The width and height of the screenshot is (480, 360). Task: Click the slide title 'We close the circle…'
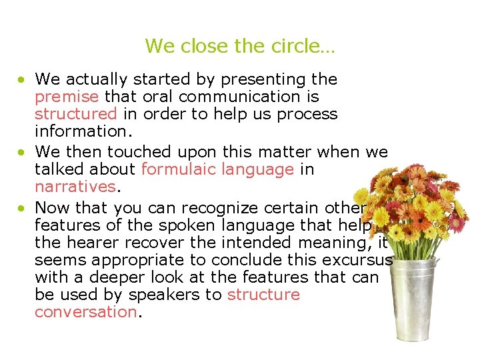click(240, 46)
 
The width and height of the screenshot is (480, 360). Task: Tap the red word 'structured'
click(75, 114)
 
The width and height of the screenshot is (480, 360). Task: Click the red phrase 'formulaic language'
click(217, 169)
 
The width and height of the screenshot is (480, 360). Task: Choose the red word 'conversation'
click(85, 312)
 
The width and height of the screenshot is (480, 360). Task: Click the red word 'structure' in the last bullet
click(263, 295)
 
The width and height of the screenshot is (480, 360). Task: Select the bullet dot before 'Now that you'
click(22, 207)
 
